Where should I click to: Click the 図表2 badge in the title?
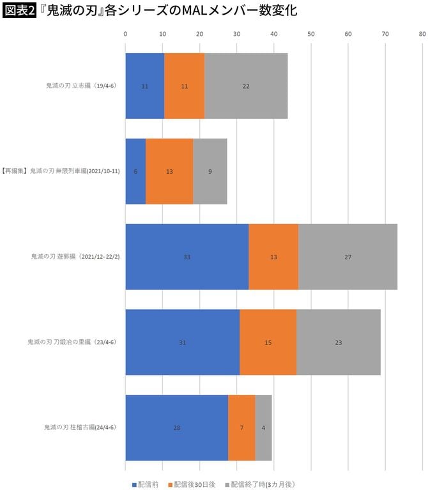(20, 11)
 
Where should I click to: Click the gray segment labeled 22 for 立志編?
(246, 86)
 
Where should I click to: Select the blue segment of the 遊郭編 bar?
(187, 257)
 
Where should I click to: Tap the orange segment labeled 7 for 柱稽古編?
(241, 427)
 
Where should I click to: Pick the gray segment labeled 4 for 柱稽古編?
(263, 427)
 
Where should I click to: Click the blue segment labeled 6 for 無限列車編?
(135, 171)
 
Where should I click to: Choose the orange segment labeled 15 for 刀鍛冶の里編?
(268, 342)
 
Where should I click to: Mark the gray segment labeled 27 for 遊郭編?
(348, 257)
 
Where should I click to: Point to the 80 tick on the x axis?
(422, 33)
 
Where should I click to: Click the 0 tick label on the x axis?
(125, 33)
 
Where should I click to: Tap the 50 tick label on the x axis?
(311, 33)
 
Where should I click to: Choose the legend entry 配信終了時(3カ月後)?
(258, 484)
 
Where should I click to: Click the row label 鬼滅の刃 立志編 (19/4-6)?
(80, 86)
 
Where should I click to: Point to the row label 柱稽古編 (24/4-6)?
(79, 427)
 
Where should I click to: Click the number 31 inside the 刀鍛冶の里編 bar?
(183, 342)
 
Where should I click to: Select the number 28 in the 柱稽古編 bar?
(177, 427)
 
